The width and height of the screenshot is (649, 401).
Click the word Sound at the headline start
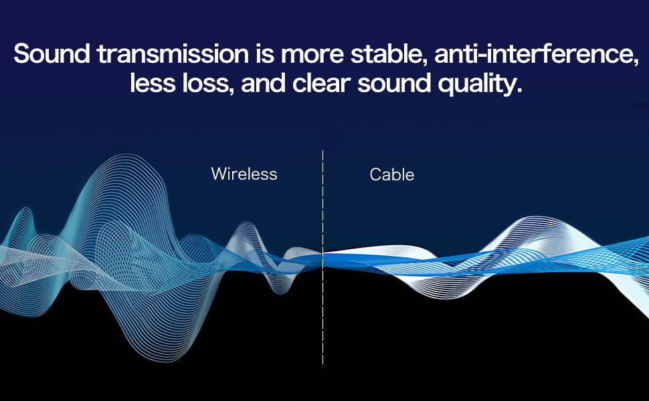pyautogui.click(x=52, y=53)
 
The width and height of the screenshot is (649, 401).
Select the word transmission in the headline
pyautogui.click(x=173, y=53)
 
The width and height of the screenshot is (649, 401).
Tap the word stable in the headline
pyautogui.click(x=387, y=53)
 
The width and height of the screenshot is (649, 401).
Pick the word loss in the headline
pyautogui.click(x=203, y=83)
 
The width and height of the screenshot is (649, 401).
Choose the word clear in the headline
pyautogui.click(x=322, y=83)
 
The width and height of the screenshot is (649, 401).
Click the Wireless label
pyautogui.click(x=244, y=174)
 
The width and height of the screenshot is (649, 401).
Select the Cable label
pyautogui.click(x=391, y=174)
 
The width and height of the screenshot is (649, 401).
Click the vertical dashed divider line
pyautogui.click(x=323, y=257)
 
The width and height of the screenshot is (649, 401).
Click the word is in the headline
pyautogui.click(x=265, y=53)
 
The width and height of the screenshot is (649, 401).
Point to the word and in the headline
pyautogui.click(x=263, y=83)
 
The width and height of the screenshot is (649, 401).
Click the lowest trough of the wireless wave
pyautogui.click(x=165, y=360)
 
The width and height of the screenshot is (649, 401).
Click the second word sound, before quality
pyautogui.click(x=394, y=83)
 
